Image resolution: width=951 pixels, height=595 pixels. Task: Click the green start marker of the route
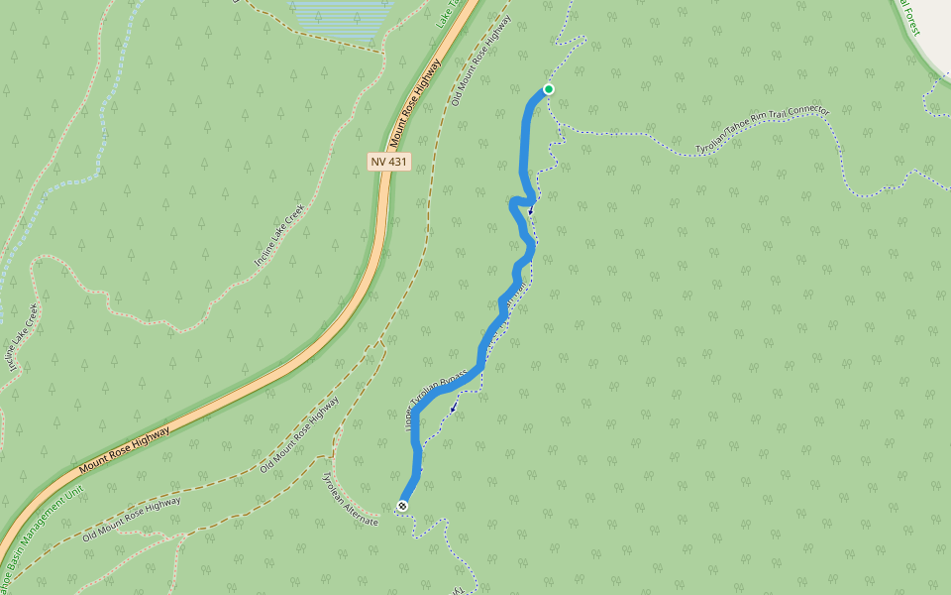click(548, 89)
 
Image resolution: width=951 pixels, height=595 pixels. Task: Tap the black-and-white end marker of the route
click(402, 506)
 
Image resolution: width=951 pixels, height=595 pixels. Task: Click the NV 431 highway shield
click(388, 161)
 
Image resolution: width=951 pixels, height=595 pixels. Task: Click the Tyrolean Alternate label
click(350, 499)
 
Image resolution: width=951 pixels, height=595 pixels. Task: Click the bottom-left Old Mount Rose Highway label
click(132, 517)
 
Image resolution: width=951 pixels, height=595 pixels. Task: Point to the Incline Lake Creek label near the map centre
click(278, 235)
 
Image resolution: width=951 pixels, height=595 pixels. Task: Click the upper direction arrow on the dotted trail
click(531, 210)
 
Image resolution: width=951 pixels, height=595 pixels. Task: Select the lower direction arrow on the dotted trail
click(454, 407)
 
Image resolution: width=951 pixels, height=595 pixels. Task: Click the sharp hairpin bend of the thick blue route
click(513, 203)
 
